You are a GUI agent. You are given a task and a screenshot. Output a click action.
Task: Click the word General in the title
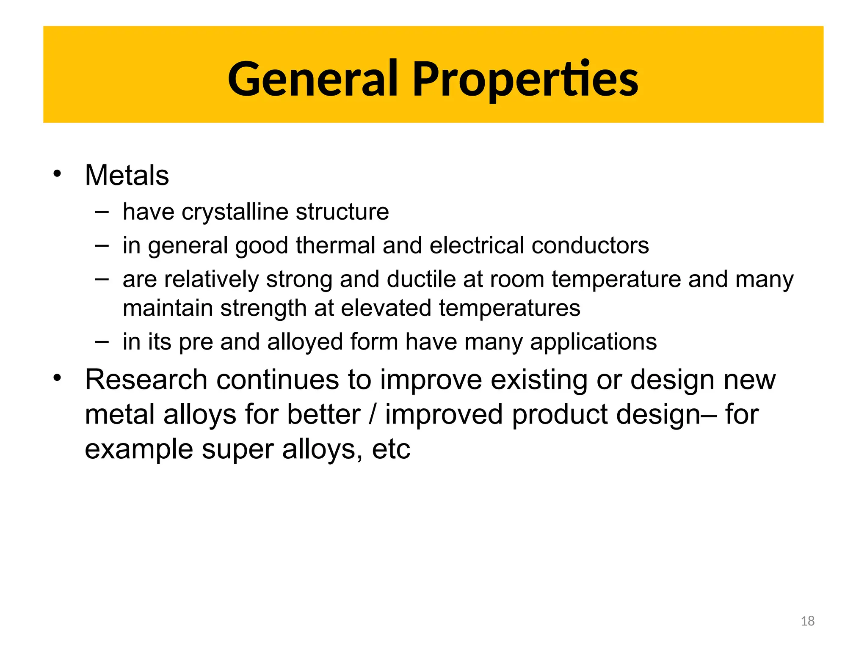(312, 79)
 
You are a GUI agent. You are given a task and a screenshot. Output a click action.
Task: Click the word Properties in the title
(525, 80)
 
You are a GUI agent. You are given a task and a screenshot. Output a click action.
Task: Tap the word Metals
(127, 175)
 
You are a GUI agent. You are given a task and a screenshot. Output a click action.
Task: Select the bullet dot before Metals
(57, 174)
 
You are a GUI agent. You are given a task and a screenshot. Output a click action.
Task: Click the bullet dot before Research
(57, 377)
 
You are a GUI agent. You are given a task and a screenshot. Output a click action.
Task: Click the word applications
(593, 342)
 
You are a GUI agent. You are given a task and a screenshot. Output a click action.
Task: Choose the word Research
(146, 379)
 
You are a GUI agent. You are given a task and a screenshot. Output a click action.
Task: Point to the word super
(237, 449)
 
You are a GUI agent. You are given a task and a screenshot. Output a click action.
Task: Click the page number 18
(807, 621)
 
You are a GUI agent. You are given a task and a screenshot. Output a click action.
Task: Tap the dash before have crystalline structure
(102, 211)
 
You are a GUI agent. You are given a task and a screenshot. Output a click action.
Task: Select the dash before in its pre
(102, 341)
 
